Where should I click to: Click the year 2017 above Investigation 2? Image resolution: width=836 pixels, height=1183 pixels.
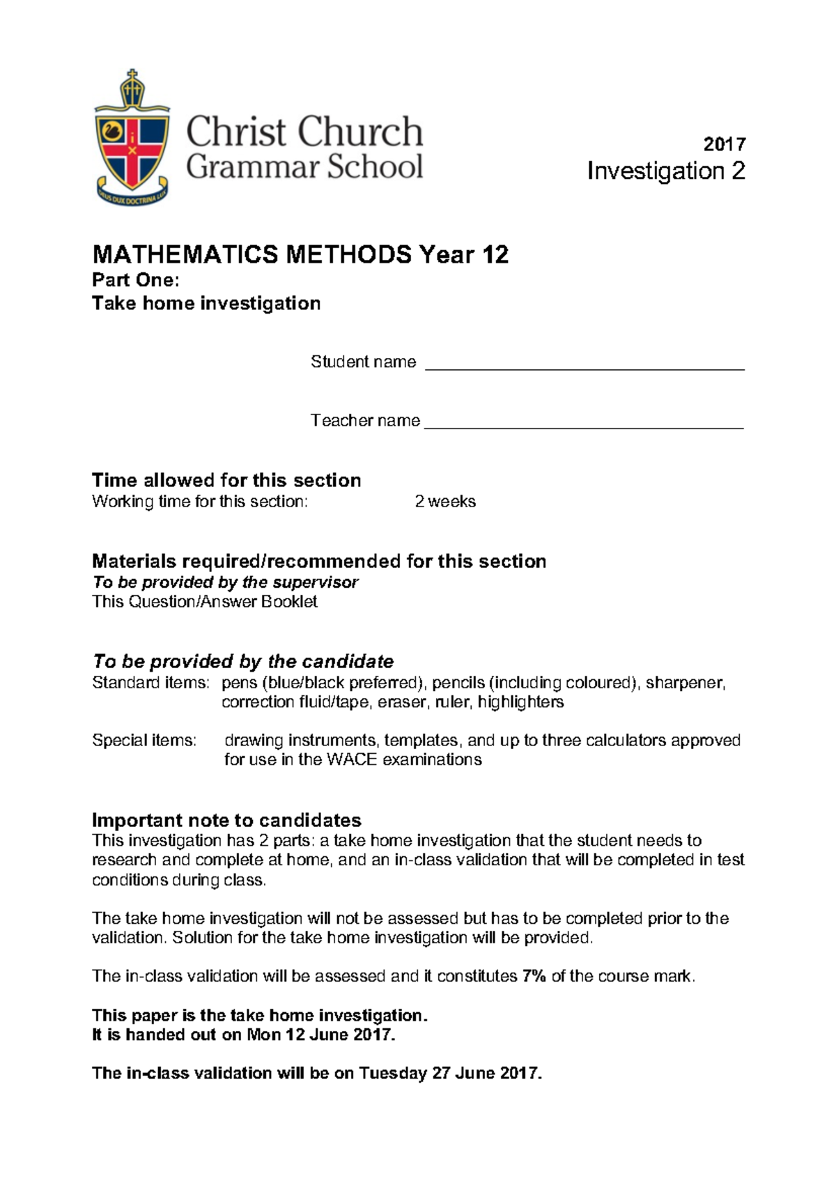point(725,144)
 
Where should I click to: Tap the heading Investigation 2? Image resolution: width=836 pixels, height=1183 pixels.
point(666,171)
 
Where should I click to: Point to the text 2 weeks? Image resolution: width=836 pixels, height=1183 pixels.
point(445,502)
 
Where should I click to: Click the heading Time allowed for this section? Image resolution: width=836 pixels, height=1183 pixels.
point(226,480)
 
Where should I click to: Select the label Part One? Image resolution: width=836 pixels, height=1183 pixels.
point(136,280)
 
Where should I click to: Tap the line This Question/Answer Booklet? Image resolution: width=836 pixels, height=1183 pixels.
point(205,601)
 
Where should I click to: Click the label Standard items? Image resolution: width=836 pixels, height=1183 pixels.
point(150,683)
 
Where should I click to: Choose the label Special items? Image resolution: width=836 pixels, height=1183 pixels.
point(144,740)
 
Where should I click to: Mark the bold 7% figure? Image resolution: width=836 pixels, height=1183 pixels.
point(534,976)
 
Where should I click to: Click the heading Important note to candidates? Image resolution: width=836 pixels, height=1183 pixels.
point(226,820)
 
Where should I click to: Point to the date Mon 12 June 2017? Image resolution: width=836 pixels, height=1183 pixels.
point(321,1035)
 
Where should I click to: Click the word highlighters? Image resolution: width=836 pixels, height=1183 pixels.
point(520,702)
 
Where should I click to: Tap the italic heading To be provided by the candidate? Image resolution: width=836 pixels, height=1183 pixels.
point(243,661)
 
